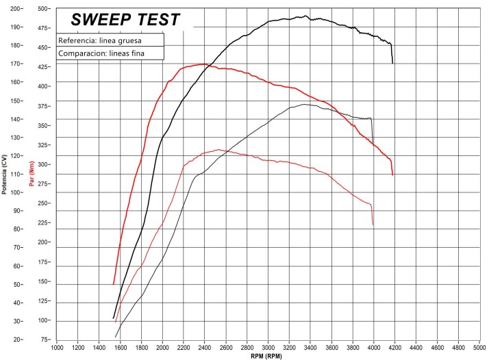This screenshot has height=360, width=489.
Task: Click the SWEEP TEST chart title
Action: point(125,19)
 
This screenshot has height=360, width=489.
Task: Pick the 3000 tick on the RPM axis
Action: point(268,347)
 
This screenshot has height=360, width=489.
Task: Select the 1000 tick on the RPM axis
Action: point(58,347)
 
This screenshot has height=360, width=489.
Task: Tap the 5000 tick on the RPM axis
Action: point(479,347)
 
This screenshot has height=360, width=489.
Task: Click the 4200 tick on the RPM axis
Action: point(394,347)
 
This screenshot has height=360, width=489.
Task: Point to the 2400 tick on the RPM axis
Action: point(205,347)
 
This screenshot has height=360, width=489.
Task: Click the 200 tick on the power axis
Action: point(14,9)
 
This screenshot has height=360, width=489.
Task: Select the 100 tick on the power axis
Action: point(14,192)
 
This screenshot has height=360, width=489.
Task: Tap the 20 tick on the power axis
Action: point(16,339)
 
